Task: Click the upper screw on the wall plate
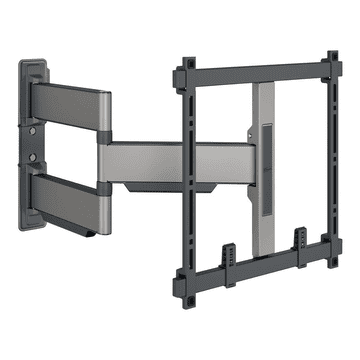[x=35, y=129]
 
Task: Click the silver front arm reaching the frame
[x=150, y=159]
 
